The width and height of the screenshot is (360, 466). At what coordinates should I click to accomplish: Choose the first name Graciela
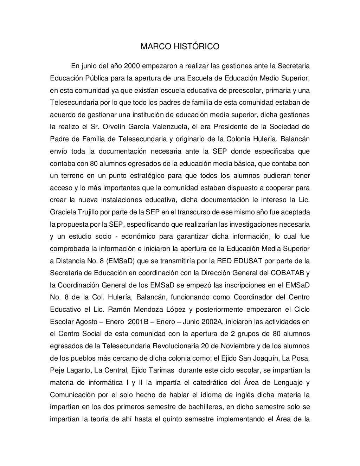click(62, 212)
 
